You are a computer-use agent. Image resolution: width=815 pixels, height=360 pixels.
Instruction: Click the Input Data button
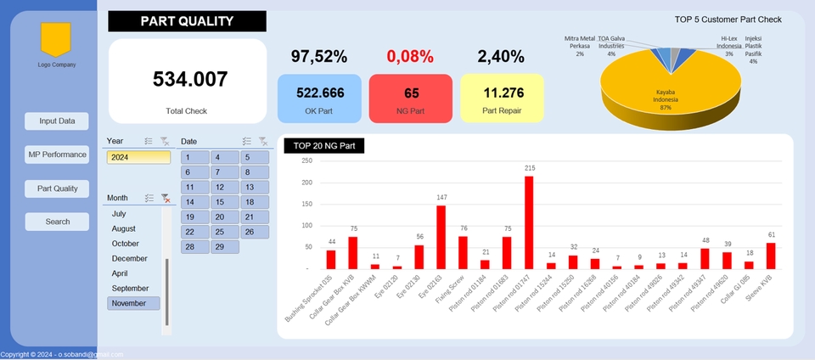(x=57, y=121)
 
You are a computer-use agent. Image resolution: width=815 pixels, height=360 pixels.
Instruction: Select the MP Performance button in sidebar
(x=57, y=155)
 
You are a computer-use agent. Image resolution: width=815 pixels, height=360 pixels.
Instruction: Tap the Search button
(x=57, y=222)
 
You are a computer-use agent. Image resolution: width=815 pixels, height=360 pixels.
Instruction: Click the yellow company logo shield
(x=56, y=40)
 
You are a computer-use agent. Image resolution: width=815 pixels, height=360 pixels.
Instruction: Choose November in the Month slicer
(x=133, y=303)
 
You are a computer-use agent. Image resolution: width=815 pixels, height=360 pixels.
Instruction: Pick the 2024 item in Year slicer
(x=138, y=157)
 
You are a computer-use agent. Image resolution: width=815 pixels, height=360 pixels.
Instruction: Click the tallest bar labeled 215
(x=529, y=222)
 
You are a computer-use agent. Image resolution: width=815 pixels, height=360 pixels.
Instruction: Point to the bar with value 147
(x=441, y=236)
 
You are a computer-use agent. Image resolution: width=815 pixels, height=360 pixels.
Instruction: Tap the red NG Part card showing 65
(x=411, y=98)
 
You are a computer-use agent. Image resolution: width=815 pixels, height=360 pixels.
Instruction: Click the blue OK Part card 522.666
(x=319, y=98)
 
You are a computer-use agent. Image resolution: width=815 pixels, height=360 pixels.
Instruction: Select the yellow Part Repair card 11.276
(x=502, y=98)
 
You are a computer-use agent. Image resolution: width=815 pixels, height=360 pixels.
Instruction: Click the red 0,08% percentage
(x=410, y=57)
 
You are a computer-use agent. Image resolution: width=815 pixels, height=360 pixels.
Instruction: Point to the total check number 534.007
(x=190, y=79)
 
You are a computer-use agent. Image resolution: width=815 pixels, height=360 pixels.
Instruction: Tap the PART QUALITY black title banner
(x=187, y=21)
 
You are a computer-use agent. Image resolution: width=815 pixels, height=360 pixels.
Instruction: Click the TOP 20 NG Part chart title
(x=324, y=146)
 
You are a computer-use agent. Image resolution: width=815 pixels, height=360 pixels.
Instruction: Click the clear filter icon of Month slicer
(x=166, y=198)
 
